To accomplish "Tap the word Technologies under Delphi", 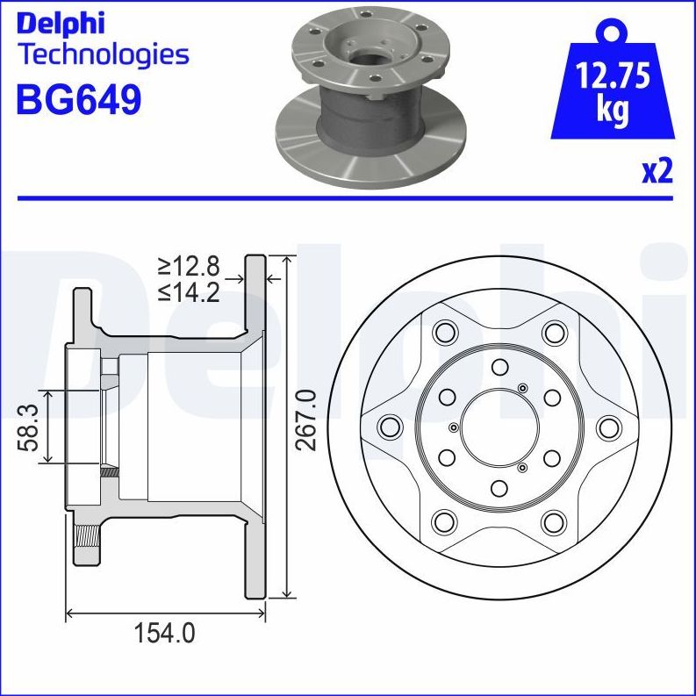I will [x=103, y=55].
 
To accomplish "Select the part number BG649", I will [x=79, y=100].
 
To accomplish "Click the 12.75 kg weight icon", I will [x=612, y=88].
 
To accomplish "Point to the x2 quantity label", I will [x=656, y=170].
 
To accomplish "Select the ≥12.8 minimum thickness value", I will [x=188, y=266].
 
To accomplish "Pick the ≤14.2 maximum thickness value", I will [x=188, y=292].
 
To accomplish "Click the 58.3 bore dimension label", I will [x=29, y=427].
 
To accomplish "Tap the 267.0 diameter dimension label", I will [x=305, y=420].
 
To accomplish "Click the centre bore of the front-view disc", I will [x=499, y=427].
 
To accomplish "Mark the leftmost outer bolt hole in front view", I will [x=389, y=427].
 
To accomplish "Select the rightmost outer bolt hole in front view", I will [x=608, y=427].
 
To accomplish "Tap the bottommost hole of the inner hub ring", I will [x=499, y=488].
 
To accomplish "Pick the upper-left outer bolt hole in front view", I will [x=445, y=333].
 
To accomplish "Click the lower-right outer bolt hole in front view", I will [x=553, y=522].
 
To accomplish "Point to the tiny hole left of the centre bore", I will [x=453, y=427].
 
